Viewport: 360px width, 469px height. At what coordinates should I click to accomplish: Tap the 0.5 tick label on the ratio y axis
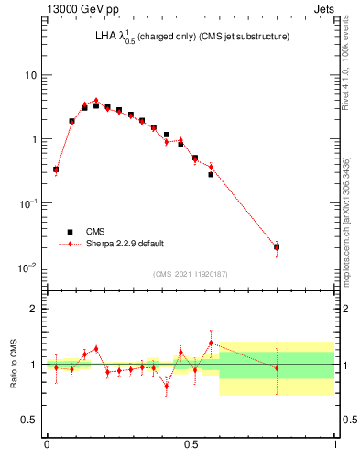(x=30, y=420)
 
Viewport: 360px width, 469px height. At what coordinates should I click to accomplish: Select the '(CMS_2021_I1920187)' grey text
(x=191, y=274)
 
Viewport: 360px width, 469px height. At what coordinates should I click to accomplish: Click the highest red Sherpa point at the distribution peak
(x=96, y=101)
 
